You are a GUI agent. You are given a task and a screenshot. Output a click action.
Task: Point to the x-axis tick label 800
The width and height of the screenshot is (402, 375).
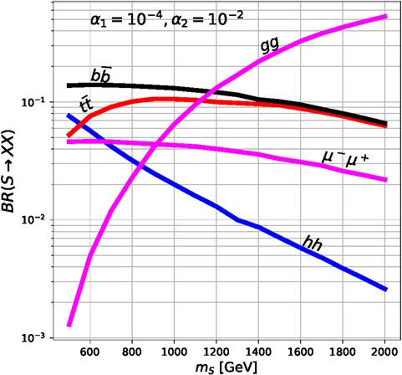point(131,352)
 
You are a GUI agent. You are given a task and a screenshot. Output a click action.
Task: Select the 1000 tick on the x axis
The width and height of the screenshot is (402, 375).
point(174,352)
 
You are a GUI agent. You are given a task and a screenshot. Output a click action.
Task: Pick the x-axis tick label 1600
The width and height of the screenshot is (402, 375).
point(301,352)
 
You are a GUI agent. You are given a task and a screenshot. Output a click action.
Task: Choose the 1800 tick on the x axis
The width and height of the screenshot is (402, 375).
point(343,352)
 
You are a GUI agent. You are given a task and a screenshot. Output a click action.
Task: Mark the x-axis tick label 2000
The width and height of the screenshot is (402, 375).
point(385,352)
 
